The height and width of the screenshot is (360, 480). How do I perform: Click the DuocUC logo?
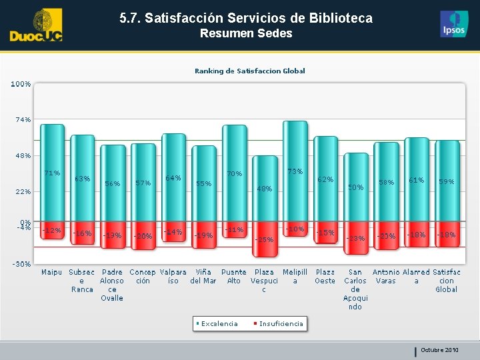point(36,25)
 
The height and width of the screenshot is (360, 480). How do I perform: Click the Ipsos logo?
point(454,25)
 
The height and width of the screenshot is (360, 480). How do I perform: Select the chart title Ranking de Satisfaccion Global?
point(249,71)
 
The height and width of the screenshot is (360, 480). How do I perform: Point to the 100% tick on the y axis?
point(20,84)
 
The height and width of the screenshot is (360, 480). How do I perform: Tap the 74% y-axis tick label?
point(23,120)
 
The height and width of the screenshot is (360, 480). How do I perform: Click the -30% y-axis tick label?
point(21,264)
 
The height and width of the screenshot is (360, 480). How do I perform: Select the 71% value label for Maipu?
point(52,173)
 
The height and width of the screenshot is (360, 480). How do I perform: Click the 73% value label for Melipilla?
point(295,171)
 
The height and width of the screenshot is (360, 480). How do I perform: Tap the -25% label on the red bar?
point(265,239)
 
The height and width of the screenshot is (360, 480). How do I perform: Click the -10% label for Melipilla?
point(295,229)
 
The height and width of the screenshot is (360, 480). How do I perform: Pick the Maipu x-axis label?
point(51,273)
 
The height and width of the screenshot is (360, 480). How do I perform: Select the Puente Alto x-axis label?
point(233,277)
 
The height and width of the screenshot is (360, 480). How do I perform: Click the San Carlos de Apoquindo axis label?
point(355,289)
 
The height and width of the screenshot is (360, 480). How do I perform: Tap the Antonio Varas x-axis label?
point(385,277)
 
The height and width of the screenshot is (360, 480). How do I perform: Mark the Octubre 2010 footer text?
point(439,350)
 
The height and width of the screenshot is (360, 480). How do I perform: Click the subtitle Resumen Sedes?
point(246,33)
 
